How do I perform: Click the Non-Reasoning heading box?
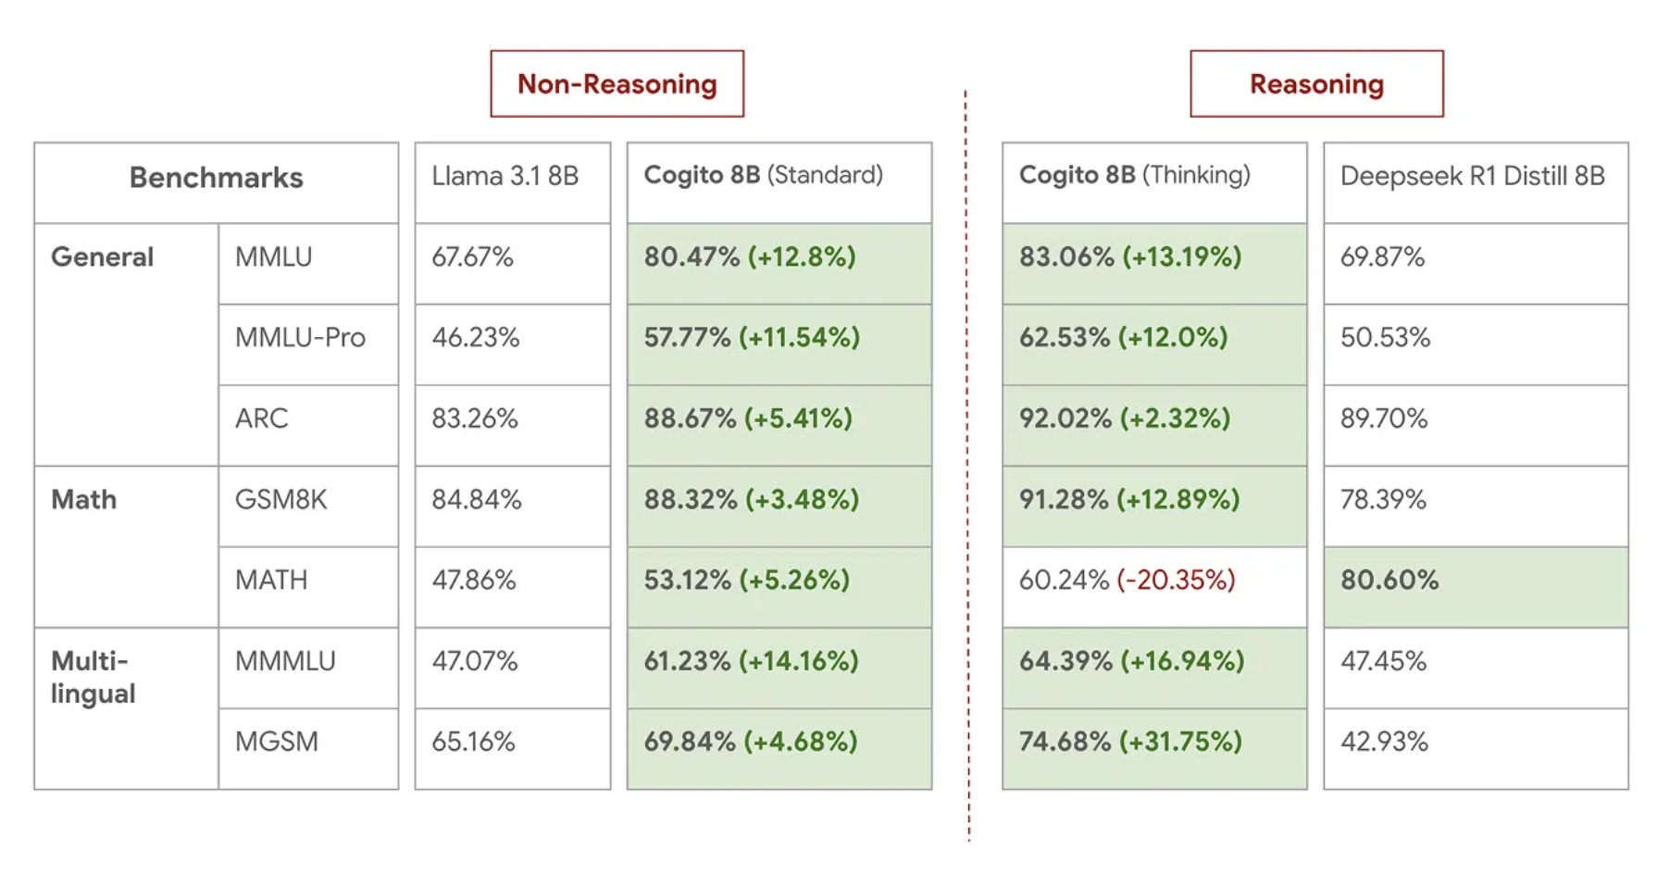click(617, 84)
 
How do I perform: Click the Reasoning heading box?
click(1315, 84)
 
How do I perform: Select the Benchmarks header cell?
click(216, 178)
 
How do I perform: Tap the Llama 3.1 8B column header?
click(505, 176)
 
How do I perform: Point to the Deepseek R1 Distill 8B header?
click(1472, 176)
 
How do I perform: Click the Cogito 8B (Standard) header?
click(764, 175)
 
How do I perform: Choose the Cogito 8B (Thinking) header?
click(1134, 175)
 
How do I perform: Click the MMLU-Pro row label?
click(300, 338)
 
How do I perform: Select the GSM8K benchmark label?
click(280, 500)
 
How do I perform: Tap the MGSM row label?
click(276, 742)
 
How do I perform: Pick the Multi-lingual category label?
click(93, 678)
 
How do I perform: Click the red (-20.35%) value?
click(1176, 581)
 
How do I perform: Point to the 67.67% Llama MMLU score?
click(472, 257)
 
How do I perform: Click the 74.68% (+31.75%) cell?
click(1130, 742)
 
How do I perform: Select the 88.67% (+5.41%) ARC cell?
click(748, 418)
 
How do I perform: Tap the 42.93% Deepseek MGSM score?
click(1384, 742)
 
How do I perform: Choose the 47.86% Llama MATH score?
click(473, 581)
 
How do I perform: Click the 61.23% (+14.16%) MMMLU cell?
click(751, 661)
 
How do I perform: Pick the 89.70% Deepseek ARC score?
click(1384, 418)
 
